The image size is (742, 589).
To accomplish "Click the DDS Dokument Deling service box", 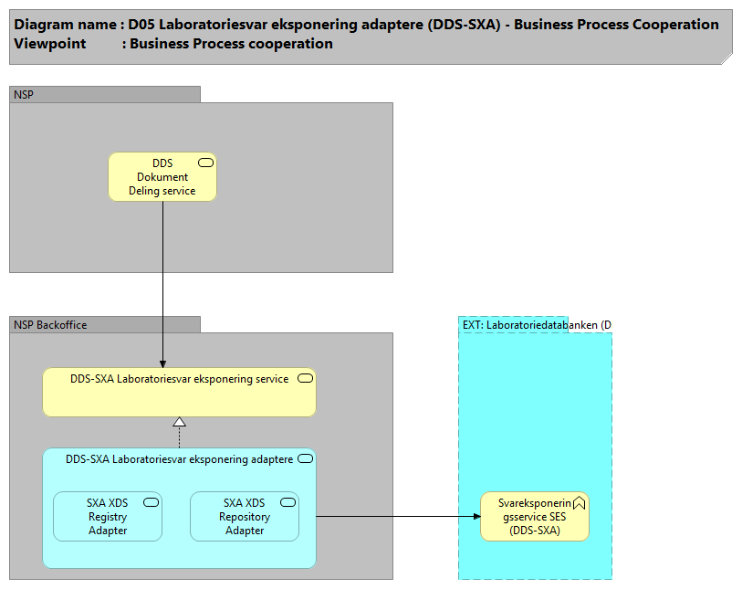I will coord(162,177).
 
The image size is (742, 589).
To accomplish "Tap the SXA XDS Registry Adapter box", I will coord(108,517).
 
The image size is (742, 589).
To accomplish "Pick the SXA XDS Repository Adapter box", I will coord(244,517).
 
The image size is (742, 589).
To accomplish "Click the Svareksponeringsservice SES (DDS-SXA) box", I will coord(534,517).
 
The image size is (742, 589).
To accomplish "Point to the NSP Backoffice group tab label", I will coord(51,324).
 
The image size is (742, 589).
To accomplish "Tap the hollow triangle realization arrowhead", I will coord(180,421).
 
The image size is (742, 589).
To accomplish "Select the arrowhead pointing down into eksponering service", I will coord(162,363).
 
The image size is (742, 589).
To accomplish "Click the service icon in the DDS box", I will coord(205,163).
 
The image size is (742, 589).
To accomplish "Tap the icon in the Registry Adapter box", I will coord(152,501).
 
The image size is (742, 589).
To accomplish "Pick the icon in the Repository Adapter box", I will coord(287,501).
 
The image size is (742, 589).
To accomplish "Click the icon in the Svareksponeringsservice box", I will coord(579,502).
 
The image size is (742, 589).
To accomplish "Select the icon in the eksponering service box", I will coord(305,377).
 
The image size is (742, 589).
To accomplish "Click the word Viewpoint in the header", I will coord(50,44).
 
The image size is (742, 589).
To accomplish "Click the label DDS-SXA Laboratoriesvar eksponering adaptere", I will coord(179,459).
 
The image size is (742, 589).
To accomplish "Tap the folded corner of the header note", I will coord(726,58).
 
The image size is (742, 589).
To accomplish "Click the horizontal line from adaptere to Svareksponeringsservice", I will coord(392,516).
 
